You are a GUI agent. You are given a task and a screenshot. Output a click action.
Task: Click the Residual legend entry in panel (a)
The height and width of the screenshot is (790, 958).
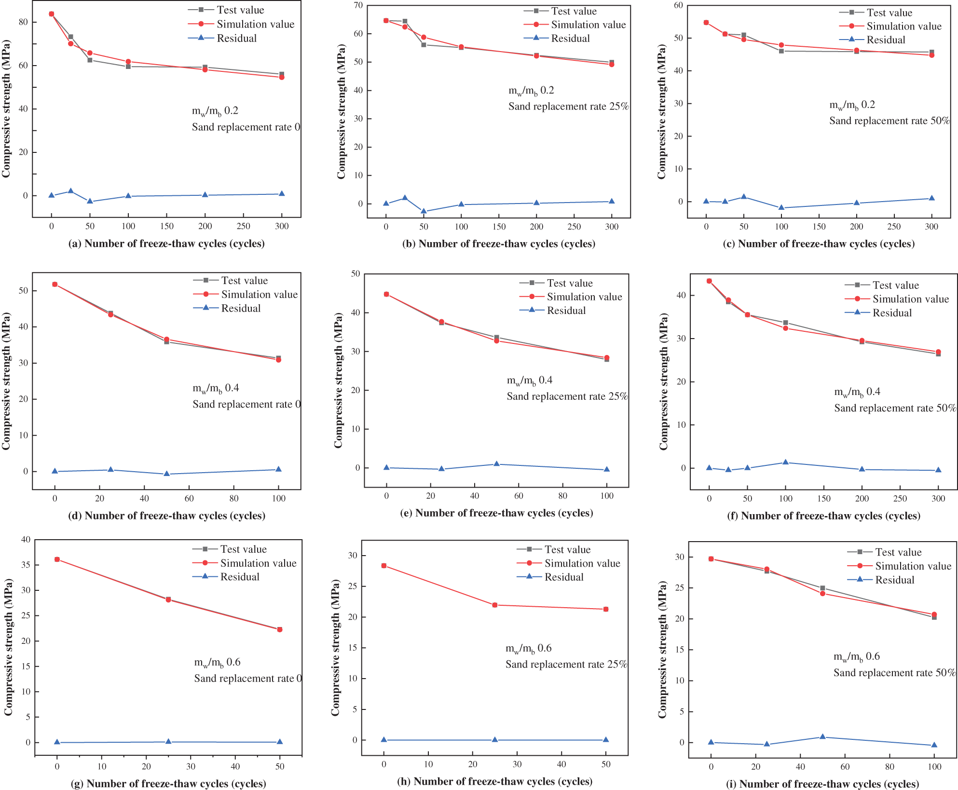236,39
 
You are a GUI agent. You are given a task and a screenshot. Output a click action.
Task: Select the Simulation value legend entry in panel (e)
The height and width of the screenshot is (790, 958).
584,297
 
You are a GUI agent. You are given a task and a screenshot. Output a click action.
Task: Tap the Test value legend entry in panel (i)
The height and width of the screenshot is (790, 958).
898,552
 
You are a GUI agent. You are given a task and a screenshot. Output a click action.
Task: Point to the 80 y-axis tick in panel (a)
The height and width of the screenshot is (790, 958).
23,22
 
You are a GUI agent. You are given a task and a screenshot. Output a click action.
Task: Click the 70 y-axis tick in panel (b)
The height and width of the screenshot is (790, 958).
358,6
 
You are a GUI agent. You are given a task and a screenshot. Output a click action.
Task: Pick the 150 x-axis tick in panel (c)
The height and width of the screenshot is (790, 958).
819,227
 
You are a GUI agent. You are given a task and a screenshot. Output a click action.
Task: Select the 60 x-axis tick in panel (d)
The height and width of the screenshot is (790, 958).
189,498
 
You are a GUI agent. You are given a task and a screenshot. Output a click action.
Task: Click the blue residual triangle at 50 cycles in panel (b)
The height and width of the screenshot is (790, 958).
424,211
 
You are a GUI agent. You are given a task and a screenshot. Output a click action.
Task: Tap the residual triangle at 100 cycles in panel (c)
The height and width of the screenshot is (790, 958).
781,208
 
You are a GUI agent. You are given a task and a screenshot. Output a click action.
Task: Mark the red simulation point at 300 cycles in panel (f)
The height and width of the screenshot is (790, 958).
938,352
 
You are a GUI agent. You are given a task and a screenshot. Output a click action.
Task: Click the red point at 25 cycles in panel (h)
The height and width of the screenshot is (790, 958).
495,605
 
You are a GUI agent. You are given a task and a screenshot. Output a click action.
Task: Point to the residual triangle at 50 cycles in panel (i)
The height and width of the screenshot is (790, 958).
822,737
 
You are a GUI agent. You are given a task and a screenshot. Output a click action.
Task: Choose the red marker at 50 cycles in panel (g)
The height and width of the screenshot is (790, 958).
280,629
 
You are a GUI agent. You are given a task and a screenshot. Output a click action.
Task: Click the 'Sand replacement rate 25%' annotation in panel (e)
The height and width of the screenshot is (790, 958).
567,396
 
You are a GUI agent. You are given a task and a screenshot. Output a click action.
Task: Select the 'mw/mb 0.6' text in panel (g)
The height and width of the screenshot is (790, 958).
217,663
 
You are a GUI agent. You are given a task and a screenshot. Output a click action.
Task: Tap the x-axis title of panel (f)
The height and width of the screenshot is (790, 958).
823,516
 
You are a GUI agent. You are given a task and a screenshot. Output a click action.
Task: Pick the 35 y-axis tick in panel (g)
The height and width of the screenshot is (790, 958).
26,565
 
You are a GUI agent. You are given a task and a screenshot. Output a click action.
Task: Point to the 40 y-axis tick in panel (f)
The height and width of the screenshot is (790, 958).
681,295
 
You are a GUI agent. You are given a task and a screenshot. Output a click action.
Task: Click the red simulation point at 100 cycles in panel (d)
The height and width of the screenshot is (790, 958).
278,360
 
